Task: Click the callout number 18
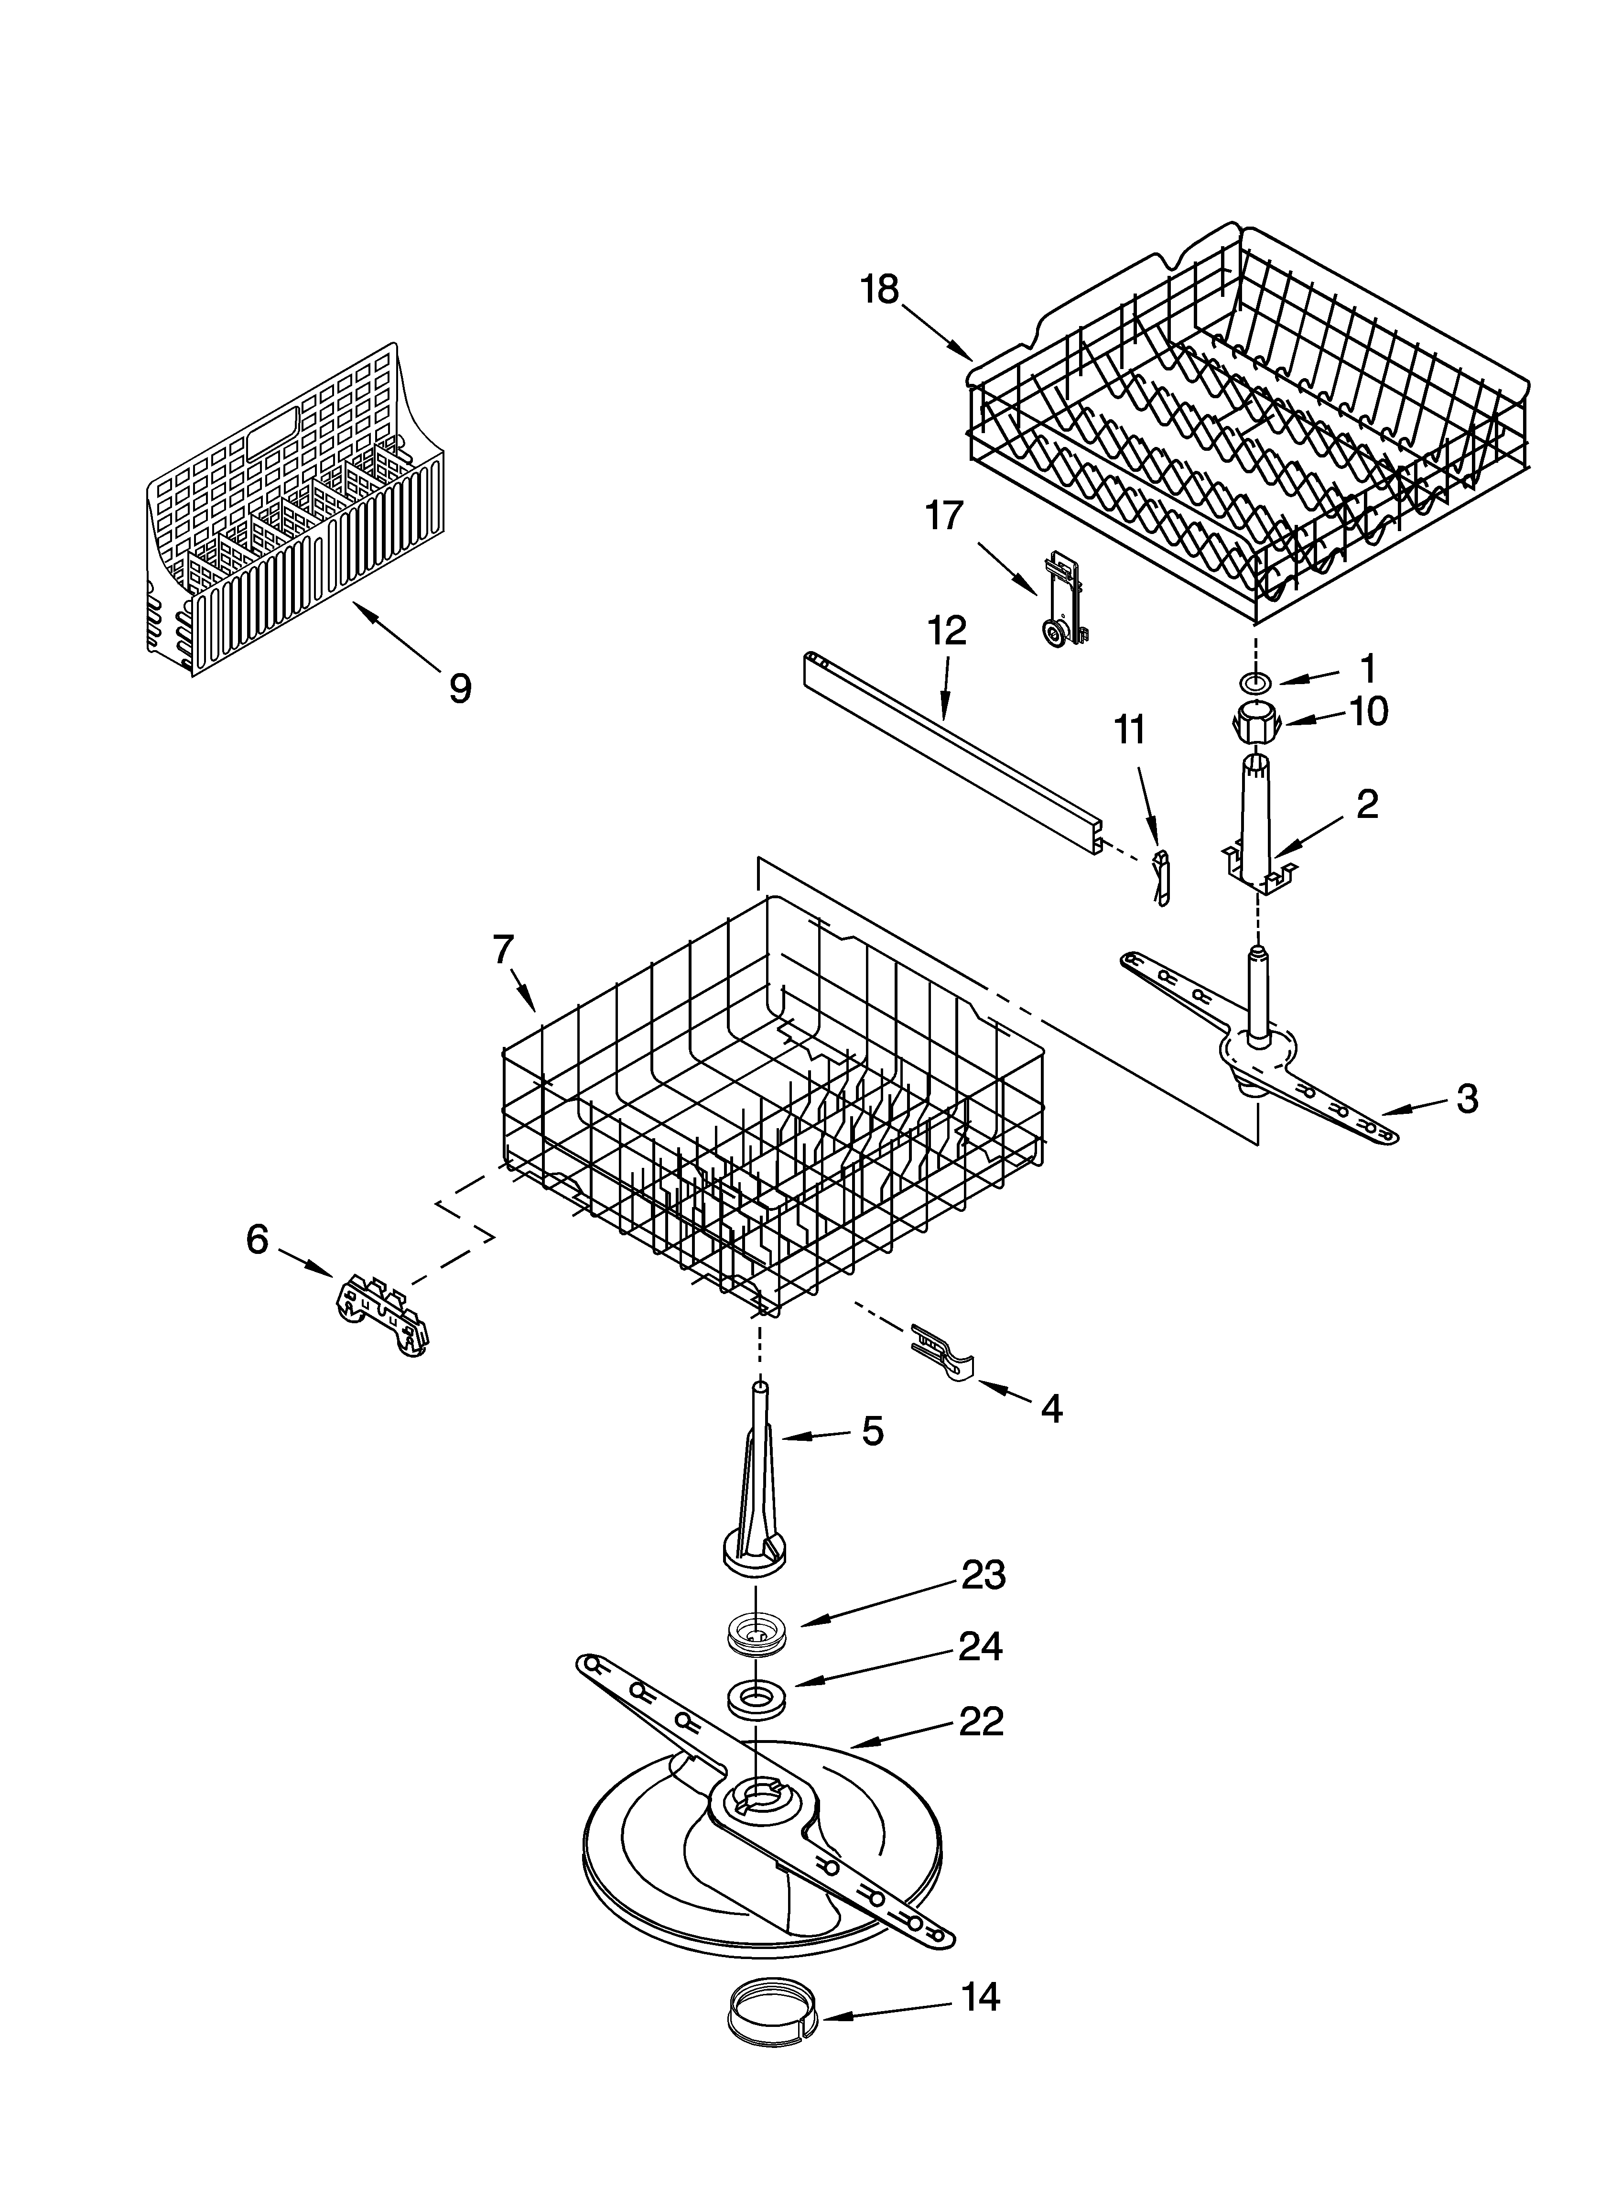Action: point(880,290)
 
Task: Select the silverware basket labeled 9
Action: point(292,516)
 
